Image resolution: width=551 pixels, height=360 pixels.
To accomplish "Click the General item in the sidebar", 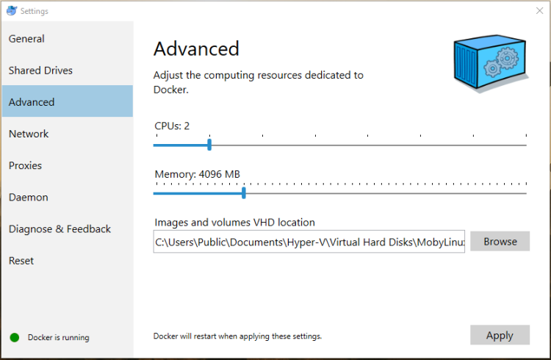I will tap(27, 39).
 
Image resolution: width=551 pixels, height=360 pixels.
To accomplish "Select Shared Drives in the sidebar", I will tap(41, 71).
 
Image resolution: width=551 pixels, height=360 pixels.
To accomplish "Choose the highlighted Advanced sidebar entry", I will tap(32, 102).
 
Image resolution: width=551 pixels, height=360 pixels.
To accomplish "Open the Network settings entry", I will tap(29, 134).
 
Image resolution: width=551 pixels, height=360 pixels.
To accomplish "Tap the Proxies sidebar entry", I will tap(26, 165).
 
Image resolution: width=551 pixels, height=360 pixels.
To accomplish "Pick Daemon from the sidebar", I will tap(29, 197).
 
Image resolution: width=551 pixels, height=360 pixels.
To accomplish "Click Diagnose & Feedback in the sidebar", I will tap(60, 228).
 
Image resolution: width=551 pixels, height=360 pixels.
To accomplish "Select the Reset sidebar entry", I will tap(21, 260).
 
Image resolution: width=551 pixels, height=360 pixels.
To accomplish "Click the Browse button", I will tap(500, 241).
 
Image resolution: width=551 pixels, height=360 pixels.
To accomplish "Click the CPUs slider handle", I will tap(209, 145).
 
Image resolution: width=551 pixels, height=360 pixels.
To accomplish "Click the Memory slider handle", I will tap(243, 193).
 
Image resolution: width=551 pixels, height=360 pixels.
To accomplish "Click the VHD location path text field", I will tap(309, 242).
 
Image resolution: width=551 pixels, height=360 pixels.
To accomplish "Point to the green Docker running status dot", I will tap(14, 338).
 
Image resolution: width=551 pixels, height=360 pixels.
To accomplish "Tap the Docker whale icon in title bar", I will tap(11, 11).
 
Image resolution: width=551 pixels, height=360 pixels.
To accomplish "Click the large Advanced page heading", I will tap(196, 49).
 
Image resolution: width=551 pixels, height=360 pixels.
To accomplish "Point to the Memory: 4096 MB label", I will tap(197, 174).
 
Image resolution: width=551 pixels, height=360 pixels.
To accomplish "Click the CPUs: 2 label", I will tap(172, 126).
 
